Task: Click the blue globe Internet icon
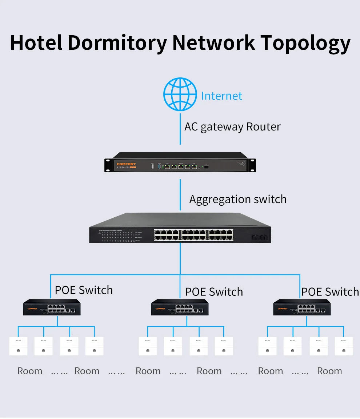coord(180,94)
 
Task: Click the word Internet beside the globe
coord(221,96)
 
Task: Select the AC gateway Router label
coord(232,127)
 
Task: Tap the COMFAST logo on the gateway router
coord(126,164)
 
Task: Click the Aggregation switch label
coord(238,199)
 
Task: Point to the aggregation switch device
coord(180,228)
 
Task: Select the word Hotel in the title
coord(36,43)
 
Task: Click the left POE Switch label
coord(84,290)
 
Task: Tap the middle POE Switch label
coord(214,292)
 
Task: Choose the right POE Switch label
coord(330,292)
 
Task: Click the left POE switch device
coord(52,307)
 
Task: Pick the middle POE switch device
coord(180,307)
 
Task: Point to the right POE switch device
coord(302,307)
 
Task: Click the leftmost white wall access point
coord(18,346)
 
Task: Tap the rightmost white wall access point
coord(344,346)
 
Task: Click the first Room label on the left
coord(30,371)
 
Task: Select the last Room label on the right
coord(329,371)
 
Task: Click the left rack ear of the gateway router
coord(108,165)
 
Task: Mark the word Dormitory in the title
coord(117,43)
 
